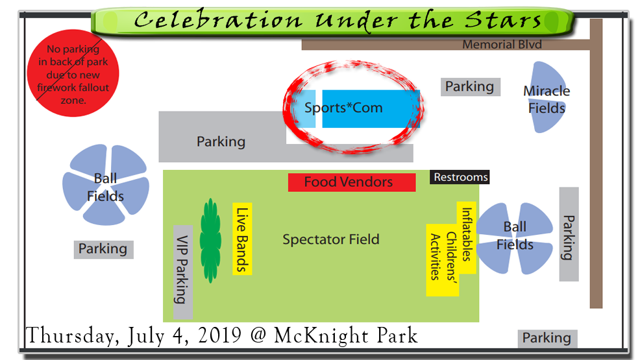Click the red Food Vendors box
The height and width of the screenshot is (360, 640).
click(x=352, y=182)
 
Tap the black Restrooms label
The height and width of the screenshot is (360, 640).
click(x=460, y=177)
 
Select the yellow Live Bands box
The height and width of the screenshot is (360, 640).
click(x=242, y=239)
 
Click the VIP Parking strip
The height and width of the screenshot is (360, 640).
click(x=183, y=272)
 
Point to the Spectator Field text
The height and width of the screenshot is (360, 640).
click(x=331, y=239)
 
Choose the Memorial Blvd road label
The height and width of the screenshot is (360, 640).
click(x=502, y=45)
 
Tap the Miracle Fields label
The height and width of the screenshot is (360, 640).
click(x=547, y=99)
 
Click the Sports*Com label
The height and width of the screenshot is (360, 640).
click(x=343, y=108)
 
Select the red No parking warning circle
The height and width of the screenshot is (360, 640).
click(x=73, y=73)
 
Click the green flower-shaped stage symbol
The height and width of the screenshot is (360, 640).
click(x=210, y=241)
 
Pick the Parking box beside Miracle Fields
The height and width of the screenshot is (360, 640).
click(x=470, y=87)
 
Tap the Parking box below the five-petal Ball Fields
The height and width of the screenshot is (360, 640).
click(x=103, y=249)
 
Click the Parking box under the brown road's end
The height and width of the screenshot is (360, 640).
click(x=547, y=339)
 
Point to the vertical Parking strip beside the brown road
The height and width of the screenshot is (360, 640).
click(x=569, y=234)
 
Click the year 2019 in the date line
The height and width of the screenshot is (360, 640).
click(x=219, y=335)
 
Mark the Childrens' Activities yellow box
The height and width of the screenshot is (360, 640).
click(x=443, y=260)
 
